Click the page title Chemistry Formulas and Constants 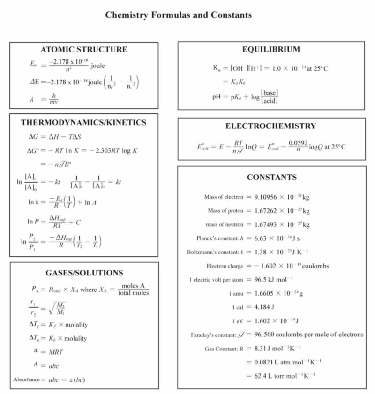(178, 15)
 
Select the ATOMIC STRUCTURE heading (84, 49)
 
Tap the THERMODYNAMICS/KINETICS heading (84, 122)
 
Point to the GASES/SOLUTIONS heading (84, 273)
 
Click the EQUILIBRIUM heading (271, 49)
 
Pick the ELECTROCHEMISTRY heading (271, 126)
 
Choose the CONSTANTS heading (271, 177)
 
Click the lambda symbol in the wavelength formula (33, 99)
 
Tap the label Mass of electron (223, 197)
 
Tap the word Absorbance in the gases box (26, 379)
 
